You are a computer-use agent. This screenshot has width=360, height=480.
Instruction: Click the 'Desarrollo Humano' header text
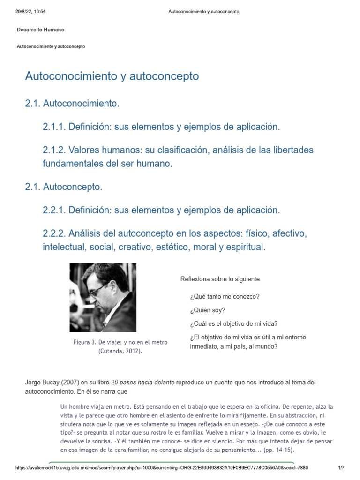coord(40,30)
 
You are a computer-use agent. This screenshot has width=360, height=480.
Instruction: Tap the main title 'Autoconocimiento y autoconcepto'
coord(112,76)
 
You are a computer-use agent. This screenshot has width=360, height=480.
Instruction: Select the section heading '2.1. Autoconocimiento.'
coord(72,103)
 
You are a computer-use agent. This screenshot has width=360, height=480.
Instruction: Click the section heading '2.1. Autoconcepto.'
coord(63,187)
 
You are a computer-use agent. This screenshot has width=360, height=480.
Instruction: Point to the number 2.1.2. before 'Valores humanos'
coord(54,150)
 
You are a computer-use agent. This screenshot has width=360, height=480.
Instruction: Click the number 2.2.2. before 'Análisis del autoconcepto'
coord(54,233)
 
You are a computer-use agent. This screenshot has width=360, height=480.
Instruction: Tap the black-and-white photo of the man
coord(103,298)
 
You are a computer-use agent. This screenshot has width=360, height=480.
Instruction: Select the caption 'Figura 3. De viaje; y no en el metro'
coord(120,342)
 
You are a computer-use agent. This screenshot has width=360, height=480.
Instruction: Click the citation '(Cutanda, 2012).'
coord(120,351)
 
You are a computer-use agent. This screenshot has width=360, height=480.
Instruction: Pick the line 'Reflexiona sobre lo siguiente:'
coord(221,279)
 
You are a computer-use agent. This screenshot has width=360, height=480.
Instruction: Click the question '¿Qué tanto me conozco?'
coord(225,297)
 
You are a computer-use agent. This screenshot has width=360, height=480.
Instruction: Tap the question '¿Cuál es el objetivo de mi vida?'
coord(234,323)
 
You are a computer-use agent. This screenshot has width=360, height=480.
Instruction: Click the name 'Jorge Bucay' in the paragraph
coord(41,382)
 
